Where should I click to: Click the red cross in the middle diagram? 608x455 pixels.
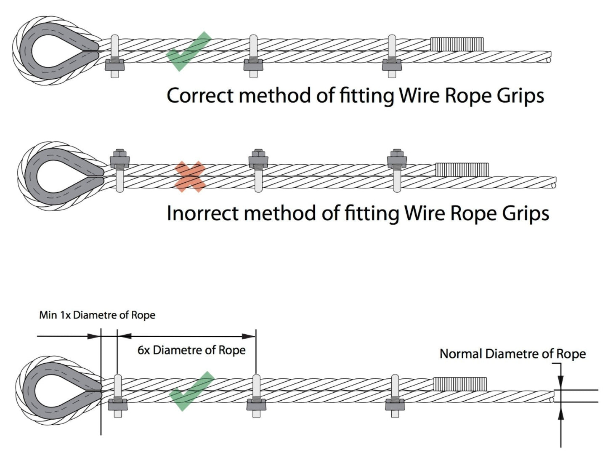tap(190, 177)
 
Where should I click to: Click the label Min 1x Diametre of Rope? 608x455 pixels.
tap(97, 315)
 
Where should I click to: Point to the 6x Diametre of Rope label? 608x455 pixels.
tap(191, 350)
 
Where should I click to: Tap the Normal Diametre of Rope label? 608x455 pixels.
tap(512, 354)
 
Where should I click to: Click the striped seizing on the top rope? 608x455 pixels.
tap(457, 44)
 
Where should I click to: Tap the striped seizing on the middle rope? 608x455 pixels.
tap(462, 170)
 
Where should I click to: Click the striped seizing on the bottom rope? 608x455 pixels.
tap(460, 383)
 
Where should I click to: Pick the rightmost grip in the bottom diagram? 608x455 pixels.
tap(395, 396)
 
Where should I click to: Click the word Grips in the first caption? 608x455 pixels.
tap(520, 96)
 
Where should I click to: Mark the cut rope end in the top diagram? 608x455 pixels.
tap(549, 59)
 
